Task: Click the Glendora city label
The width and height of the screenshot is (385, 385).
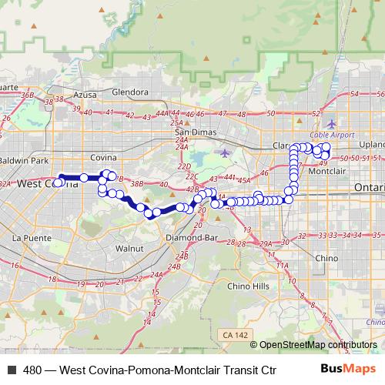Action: pyautogui.click(x=129, y=92)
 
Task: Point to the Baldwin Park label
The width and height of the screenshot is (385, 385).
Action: pyautogui.click(x=24, y=160)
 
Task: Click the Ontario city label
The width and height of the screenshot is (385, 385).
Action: pyautogui.click(x=368, y=188)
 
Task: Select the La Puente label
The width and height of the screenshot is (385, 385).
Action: pyautogui.click(x=28, y=238)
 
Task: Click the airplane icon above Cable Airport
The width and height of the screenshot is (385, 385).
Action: pyautogui.click(x=331, y=123)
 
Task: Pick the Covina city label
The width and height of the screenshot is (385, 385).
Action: pyautogui.click(x=102, y=157)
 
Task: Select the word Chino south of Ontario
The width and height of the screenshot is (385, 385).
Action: pyautogui.click(x=327, y=258)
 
